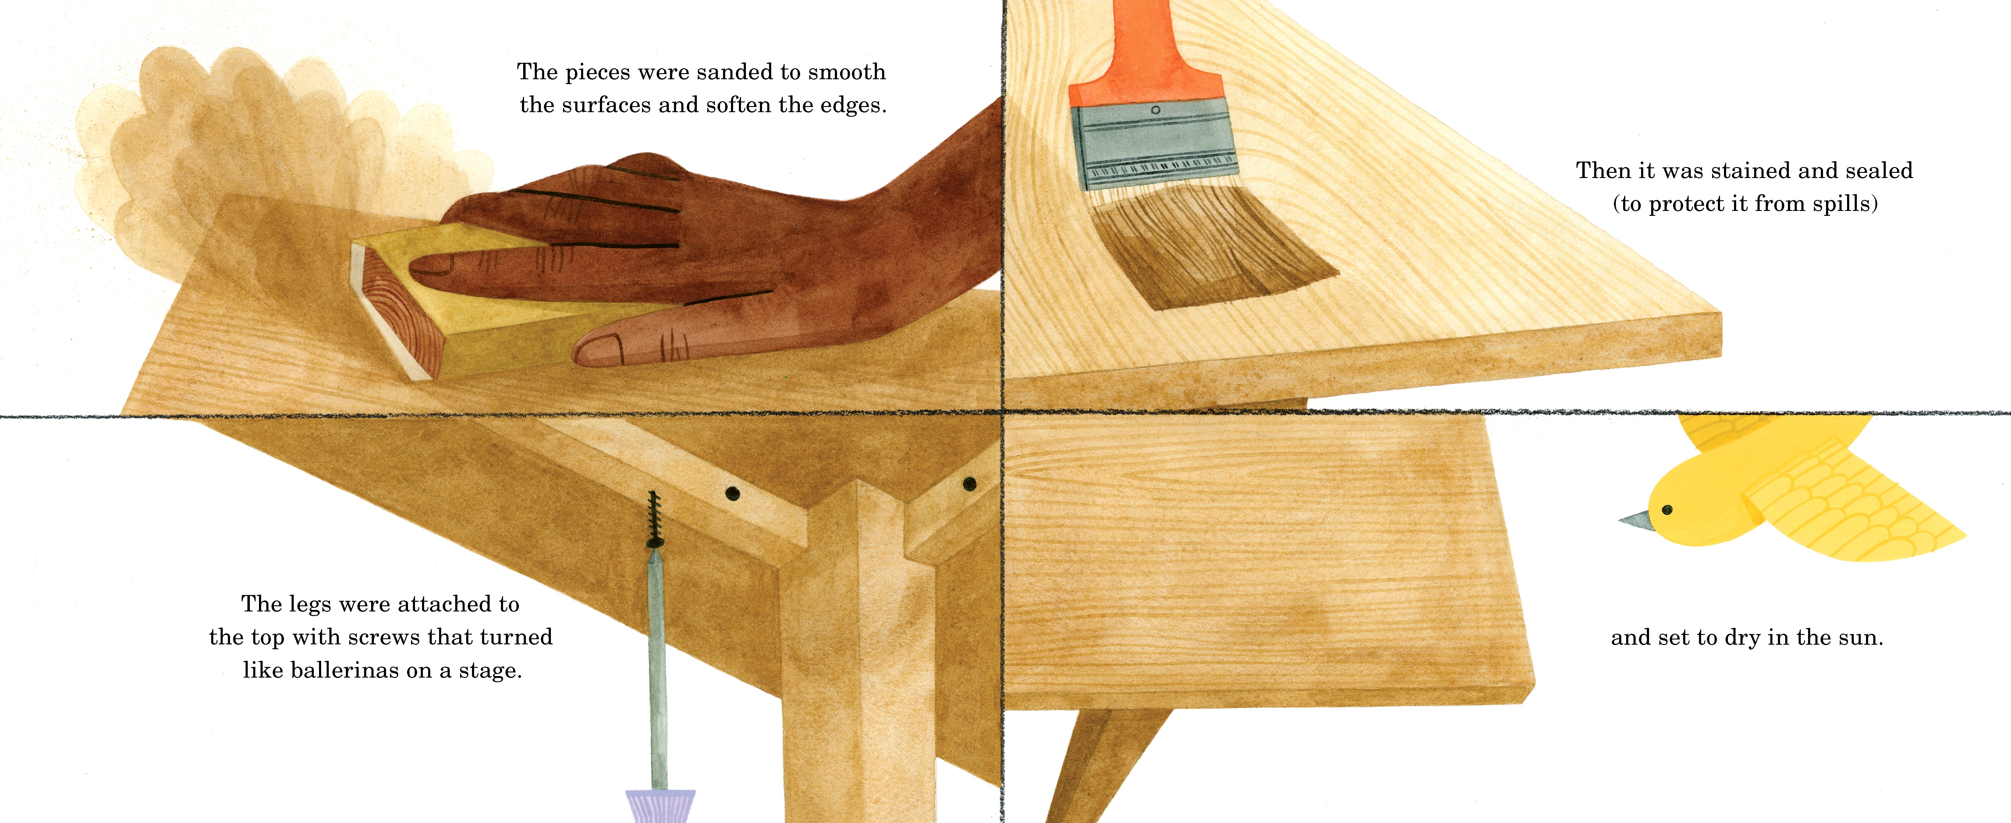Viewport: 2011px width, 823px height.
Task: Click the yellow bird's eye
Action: pyautogui.click(x=1667, y=510)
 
